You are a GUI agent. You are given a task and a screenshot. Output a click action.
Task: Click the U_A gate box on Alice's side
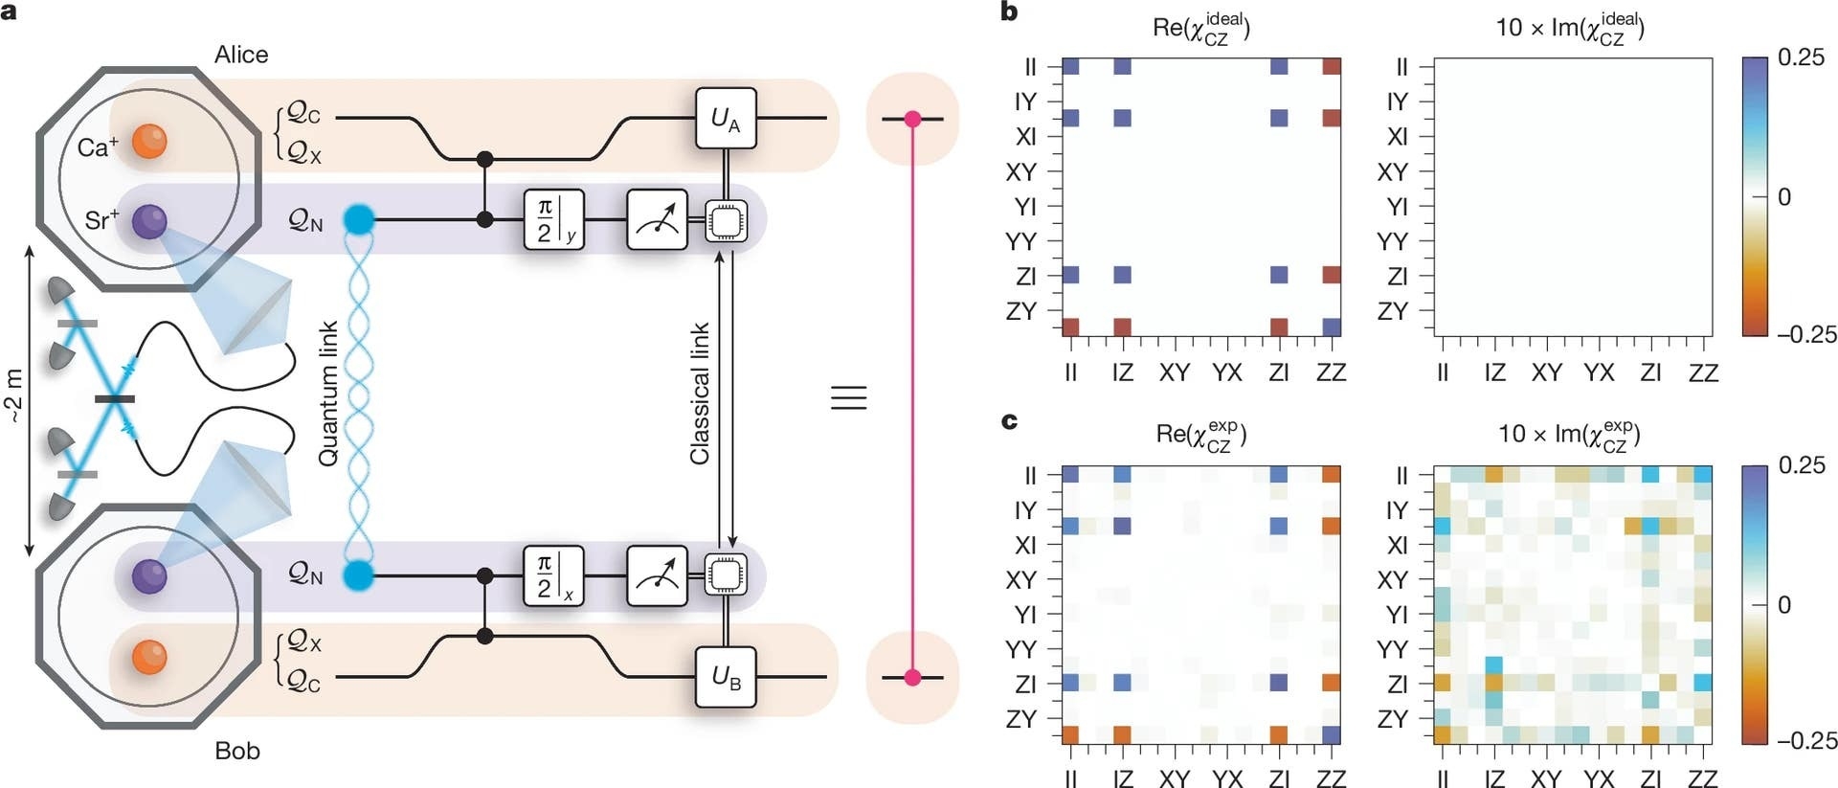pyautogui.click(x=726, y=118)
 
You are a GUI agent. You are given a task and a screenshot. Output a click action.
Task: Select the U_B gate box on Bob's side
pyautogui.click(x=726, y=677)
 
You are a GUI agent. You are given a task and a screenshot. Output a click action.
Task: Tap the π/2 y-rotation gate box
pyautogui.click(x=553, y=220)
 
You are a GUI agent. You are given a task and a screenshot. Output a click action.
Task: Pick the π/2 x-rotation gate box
pyautogui.click(x=553, y=576)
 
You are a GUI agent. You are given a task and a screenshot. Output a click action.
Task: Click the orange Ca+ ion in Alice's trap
pyautogui.click(x=149, y=141)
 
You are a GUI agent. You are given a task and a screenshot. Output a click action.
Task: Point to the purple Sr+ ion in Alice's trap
pyautogui.click(x=149, y=221)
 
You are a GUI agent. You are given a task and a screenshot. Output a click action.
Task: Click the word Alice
pyautogui.click(x=241, y=55)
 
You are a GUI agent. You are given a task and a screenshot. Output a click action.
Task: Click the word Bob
pyautogui.click(x=237, y=751)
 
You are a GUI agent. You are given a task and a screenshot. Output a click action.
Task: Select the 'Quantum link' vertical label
pyautogui.click(x=328, y=394)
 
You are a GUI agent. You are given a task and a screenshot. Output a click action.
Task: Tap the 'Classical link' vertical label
pyautogui.click(x=700, y=394)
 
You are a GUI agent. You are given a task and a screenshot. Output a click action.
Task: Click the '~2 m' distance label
pyautogui.click(x=13, y=396)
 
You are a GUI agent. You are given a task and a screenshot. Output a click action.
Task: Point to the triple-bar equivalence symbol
pyautogui.click(x=848, y=396)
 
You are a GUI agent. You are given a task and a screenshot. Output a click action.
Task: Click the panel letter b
pyautogui.click(x=1009, y=12)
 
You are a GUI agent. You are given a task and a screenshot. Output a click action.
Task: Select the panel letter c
pyautogui.click(x=1009, y=420)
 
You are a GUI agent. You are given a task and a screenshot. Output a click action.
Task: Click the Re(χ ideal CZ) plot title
pyautogui.click(x=1200, y=28)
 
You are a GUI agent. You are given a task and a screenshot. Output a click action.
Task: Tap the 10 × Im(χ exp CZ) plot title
pyautogui.click(x=1569, y=435)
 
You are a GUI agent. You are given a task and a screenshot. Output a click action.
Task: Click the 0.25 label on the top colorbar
pyautogui.click(x=1801, y=57)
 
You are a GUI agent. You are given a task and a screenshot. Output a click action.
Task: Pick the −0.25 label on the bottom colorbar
pyautogui.click(x=1806, y=740)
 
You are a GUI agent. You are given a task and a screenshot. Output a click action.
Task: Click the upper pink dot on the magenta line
pyautogui.click(x=912, y=119)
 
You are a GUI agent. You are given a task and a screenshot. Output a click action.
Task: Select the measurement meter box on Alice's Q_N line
pyautogui.click(x=657, y=220)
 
